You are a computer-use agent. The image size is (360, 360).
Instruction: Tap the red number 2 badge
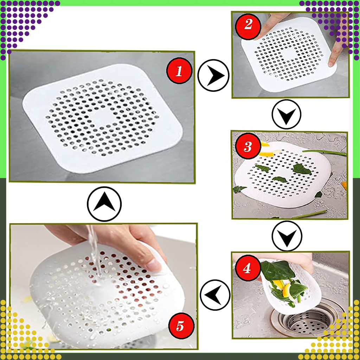pyautogui.click(x=248, y=25)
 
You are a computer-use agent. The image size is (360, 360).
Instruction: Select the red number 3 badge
pyautogui.click(x=248, y=147)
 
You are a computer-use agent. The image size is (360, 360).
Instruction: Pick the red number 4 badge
pyautogui.click(x=247, y=269)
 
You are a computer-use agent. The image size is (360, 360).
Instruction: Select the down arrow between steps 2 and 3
pyautogui.click(x=287, y=114)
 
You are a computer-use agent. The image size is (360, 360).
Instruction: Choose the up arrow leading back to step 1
pyautogui.click(x=104, y=204)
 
